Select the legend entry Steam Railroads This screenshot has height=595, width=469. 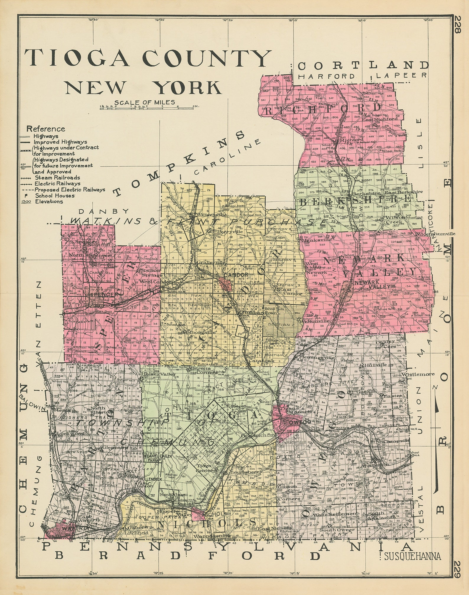click(x=57, y=177)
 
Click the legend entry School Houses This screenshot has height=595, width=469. click(x=55, y=195)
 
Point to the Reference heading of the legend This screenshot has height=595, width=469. click(x=45, y=129)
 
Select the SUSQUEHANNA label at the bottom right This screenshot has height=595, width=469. click(x=412, y=557)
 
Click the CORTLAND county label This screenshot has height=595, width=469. click(x=363, y=65)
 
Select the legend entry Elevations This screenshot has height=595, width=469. click(x=49, y=201)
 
